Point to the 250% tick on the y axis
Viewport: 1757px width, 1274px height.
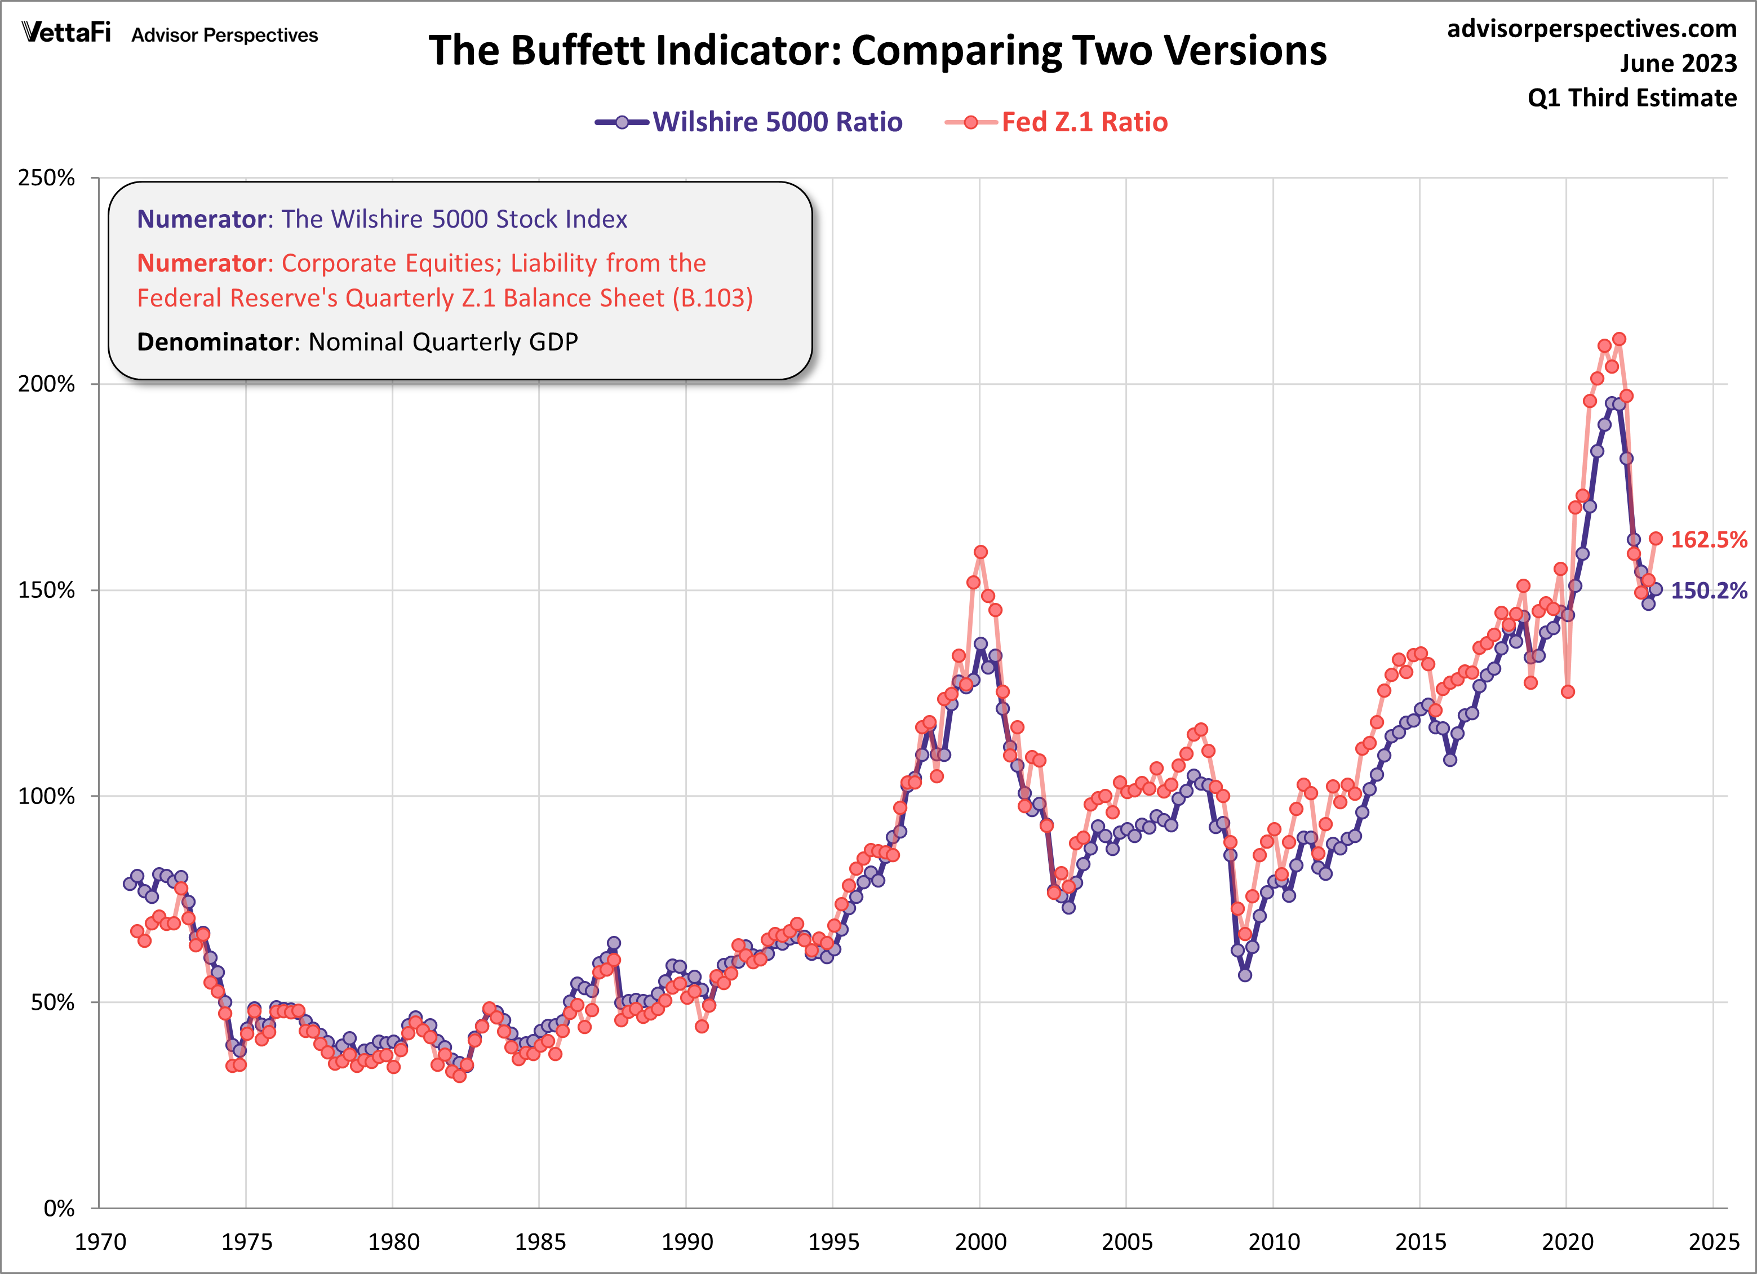tap(46, 178)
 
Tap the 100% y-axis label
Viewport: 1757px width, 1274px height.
tap(46, 796)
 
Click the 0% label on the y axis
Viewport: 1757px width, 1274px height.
tap(58, 1208)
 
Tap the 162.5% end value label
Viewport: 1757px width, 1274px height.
tap(1708, 540)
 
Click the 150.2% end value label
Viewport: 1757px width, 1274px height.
tap(1708, 591)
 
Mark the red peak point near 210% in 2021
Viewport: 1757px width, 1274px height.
tap(1619, 339)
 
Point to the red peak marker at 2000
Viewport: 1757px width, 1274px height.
tap(980, 552)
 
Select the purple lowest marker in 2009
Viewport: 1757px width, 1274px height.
tap(1245, 975)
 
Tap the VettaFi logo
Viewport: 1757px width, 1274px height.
tap(66, 33)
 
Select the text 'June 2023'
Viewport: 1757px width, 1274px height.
tap(1678, 64)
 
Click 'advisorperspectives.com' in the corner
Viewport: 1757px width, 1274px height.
tap(1591, 29)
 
